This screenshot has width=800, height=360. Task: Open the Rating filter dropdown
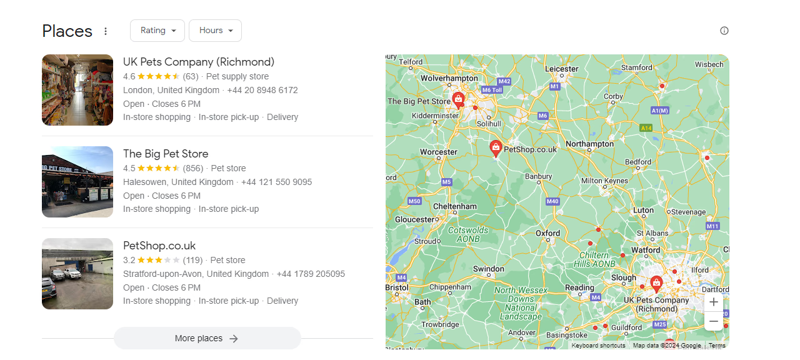pyautogui.click(x=157, y=31)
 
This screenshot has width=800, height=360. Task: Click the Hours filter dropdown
pyautogui.click(x=215, y=31)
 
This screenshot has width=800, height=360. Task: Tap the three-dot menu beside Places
pyautogui.click(x=106, y=31)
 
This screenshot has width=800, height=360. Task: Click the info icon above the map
pyautogui.click(x=724, y=31)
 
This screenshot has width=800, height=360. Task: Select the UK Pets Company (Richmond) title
pyautogui.click(x=199, y=62)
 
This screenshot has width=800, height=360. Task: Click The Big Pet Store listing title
pyautogui.click(x=166, y=154)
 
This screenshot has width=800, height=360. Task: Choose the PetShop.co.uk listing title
pyautogui.click(x=159, y=246)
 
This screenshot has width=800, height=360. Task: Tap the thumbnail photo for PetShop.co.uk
pyautogui.click(x=77, y=274)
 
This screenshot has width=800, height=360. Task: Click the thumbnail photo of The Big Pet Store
pyautogui.click(x=77, y=182)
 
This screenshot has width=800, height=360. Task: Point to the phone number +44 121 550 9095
pyautogui.click(x=276, y=182)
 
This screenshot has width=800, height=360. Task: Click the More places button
pyautogui.click(x=207, y=338)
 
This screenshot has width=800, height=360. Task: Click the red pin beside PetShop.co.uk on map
pyautogui.click(x=496, y=148)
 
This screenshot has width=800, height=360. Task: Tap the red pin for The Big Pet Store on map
pyautogui.click(x=458, y=99)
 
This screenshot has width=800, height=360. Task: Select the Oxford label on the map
pyautogui.click(x=548, y=233)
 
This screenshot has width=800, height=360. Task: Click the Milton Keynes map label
pyautogui.click(x=604, y=181)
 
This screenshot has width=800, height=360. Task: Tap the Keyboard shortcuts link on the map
pyautogui.click(x=598, y=346)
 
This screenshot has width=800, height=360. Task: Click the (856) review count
pyautogui.click(x=193, y=168)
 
